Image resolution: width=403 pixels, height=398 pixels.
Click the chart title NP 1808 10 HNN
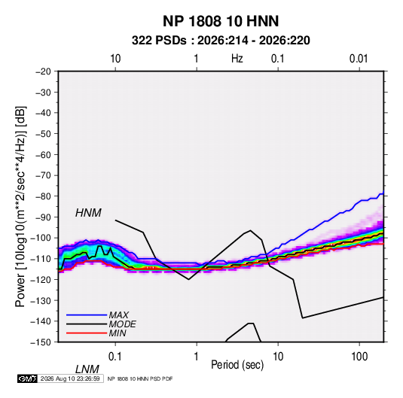221,21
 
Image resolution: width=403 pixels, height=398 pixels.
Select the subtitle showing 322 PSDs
221,41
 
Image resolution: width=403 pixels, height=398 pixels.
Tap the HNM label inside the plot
88,213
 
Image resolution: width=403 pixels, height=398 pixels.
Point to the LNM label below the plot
87,369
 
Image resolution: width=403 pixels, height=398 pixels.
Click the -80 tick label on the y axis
43,196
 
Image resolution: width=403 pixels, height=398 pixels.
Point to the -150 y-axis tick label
41,342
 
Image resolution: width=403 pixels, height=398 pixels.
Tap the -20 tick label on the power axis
43,71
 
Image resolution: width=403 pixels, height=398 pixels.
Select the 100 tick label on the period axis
359,357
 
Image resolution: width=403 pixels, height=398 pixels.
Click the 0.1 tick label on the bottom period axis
115,357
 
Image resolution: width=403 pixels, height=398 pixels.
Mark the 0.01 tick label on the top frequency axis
359,59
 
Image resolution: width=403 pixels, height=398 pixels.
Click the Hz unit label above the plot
237,59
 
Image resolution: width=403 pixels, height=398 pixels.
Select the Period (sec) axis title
237,365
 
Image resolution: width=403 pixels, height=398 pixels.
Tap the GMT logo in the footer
28,378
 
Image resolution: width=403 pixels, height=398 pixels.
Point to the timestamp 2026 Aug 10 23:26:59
70,378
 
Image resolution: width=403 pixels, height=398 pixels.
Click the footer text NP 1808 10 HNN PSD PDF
140,378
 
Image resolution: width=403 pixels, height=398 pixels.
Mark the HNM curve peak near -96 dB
250,230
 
